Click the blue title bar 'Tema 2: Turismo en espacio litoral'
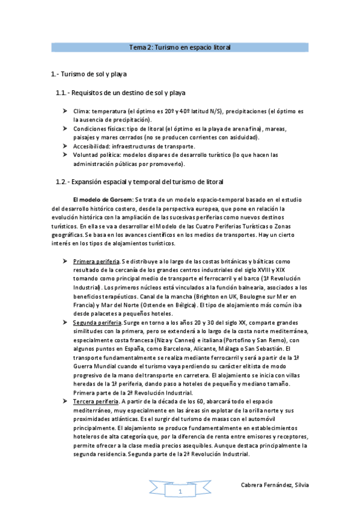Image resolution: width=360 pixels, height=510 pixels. point(180,46)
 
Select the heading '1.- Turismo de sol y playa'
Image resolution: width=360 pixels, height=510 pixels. point(88,74)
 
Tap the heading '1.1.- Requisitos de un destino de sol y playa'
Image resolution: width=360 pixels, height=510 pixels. point(120,93)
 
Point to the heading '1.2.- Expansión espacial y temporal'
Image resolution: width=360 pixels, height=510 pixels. point(139,182)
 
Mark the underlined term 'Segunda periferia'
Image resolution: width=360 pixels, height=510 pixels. point(97,323)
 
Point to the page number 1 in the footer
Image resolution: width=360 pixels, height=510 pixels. point(179,493)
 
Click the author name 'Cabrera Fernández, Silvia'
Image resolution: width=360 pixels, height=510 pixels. point(275,485)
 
